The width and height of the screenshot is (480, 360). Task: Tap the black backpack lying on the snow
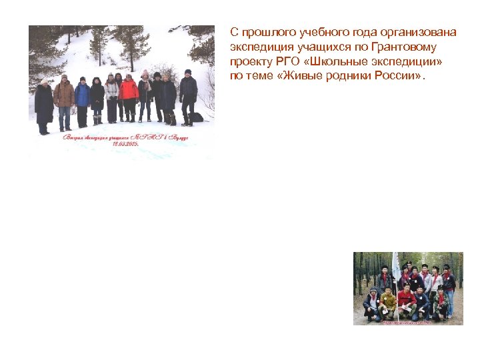point(195,117)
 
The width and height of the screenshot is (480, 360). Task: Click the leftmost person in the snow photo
point(44,107)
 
